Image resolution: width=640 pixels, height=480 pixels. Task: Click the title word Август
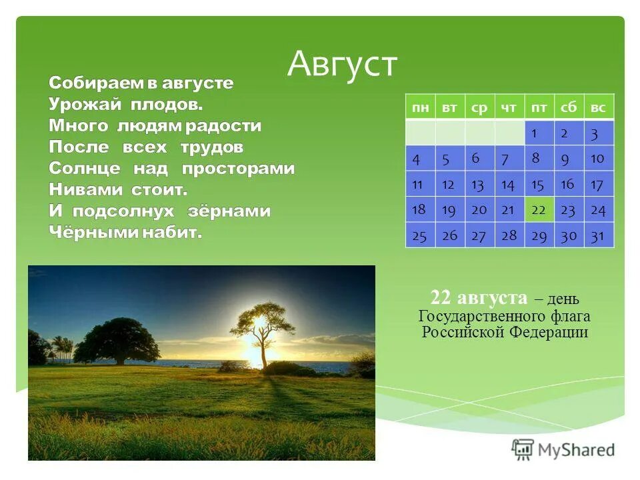[x=342, y=65]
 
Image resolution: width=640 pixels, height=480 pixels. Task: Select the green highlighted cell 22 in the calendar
[x=539, y=209]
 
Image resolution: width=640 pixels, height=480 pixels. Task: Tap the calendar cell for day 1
[x=539, y=133]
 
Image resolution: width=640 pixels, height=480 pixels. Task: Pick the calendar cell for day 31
[x=599, y=235]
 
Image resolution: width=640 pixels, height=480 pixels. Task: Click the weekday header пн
[x=421, y=107]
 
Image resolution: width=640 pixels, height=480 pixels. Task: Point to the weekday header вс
[x=599, y=107]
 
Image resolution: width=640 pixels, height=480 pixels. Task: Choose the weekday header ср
[x=480, y=107]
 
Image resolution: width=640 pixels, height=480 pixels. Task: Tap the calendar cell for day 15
[x=539, y=184]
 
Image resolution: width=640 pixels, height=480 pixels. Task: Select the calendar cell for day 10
[x=599, y=159]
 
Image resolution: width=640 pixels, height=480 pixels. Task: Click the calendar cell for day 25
[x=421, y=235]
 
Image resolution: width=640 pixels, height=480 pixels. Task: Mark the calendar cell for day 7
[x=509, y=159]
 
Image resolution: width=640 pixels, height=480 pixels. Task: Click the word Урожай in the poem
[x=85, y=105]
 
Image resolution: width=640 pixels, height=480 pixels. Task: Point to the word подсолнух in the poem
[x=123, y=211]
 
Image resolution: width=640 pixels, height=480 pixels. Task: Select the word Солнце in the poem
[x=85, y=168]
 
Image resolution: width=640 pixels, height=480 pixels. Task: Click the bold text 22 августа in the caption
[x=479, y=297]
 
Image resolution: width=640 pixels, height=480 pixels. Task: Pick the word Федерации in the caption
[x=549, y=332]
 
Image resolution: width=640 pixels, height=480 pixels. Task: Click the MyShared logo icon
[x=523, y=449]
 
